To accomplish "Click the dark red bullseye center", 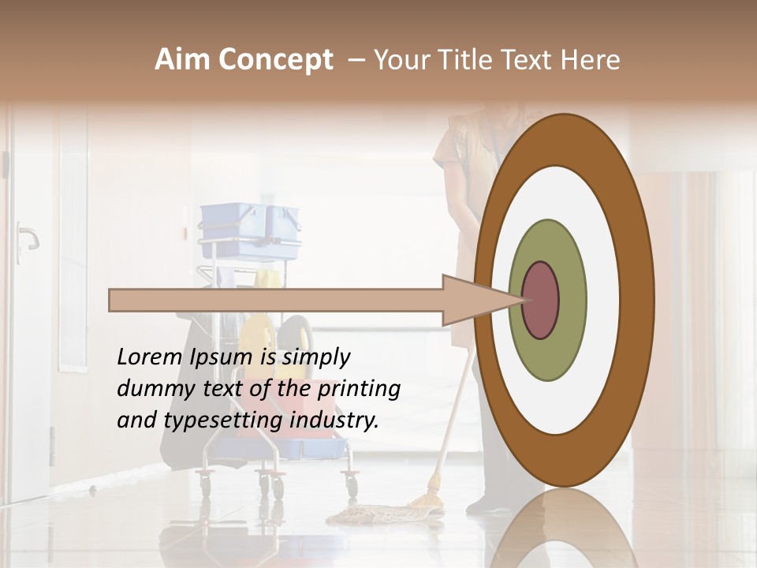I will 541,300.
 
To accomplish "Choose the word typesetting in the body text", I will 211,421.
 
